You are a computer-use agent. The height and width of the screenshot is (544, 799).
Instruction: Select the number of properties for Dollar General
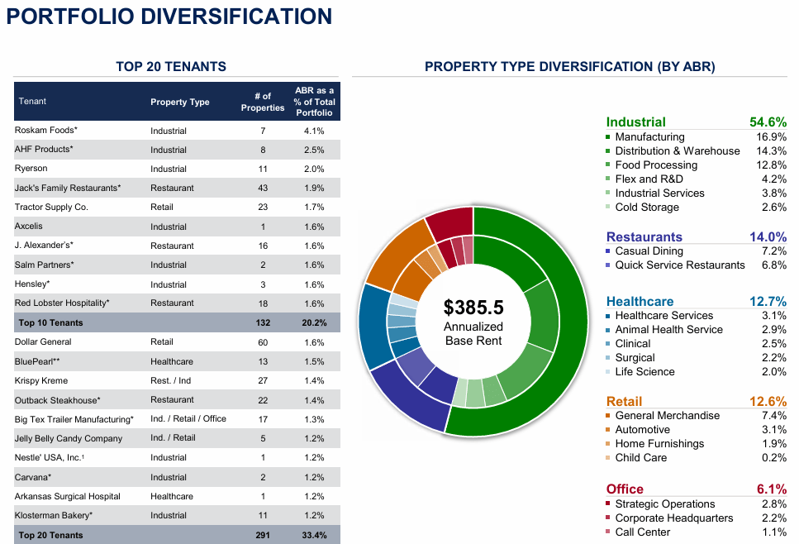click(x=263, y=341)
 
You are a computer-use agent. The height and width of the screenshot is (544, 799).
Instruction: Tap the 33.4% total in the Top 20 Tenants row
click(x=314, y=535)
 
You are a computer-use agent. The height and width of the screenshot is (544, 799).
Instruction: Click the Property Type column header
click(x=180, y=102)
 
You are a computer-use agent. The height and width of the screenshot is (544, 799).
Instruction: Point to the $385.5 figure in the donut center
click(x=473, y=308)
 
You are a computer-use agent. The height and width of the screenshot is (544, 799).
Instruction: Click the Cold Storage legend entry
click(x=647, y=208)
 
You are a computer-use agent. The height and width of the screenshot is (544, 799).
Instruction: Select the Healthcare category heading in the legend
click(x=640, y=302)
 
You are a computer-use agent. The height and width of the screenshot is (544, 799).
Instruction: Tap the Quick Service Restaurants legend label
click(x=680, y=265)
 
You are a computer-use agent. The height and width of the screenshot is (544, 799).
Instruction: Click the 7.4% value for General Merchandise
click(x=773, y=416)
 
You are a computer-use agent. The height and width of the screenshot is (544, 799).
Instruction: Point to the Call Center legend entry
click(x=643, y=532)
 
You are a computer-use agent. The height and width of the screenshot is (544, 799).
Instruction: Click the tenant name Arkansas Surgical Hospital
click(x=68, y=496)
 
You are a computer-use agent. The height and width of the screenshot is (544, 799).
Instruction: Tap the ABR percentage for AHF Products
click(x=314, y=150)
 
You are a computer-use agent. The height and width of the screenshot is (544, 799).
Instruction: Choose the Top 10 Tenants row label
click(x=51, y=322)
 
